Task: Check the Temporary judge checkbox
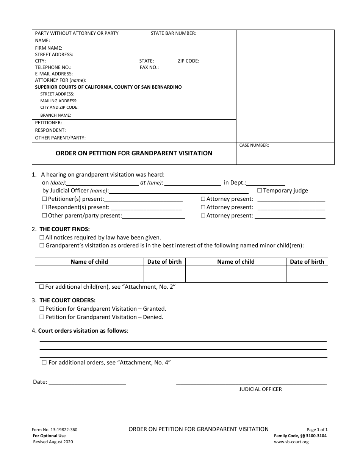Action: coord(260,191)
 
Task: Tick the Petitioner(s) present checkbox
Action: coord(44,199)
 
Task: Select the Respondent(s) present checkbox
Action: coord(44,207)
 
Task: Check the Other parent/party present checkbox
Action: coord(44,216)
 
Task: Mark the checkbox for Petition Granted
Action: coord(42,309)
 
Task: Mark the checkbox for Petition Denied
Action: coord(42,317)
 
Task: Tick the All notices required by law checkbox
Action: coord(42,238)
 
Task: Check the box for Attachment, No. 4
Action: coord(44,363)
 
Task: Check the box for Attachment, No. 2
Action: coord(42,287)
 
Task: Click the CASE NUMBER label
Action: coord(254,145)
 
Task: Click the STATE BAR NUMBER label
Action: coord(173,33)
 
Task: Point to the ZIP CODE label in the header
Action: coord(188,61)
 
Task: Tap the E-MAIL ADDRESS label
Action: coord(54,74)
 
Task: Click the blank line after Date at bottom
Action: coord(88,382)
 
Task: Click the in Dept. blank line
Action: coord(266,183)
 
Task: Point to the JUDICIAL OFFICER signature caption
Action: coord(260,389)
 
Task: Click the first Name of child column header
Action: coord(89,262)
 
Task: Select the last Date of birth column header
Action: coord(307,262)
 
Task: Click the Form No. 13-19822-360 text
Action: coord(55,430)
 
